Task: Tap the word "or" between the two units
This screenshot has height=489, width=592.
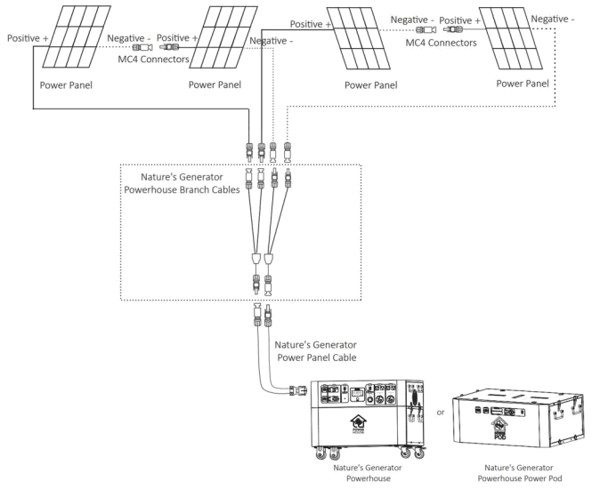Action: [440, 412]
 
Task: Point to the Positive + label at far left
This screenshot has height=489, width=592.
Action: [27, 39]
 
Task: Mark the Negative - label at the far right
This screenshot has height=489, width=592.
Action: [552, 17]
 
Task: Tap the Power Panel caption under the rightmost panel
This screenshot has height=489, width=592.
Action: [522, 81]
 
